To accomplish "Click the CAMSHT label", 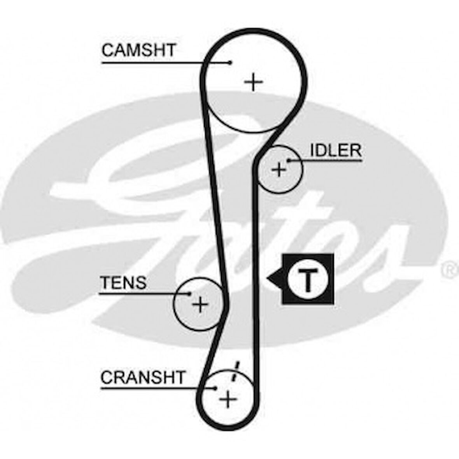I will coord(139,51).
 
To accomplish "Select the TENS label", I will coord(123,283).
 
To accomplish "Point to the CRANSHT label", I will coord(143,377).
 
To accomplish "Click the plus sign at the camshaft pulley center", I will coord(254,82).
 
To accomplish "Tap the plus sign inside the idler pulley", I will coord(279,170).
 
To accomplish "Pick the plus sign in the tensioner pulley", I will coord(200,304).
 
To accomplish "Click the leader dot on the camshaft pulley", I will coord(230,62).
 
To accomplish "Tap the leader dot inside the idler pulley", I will coord(288,160).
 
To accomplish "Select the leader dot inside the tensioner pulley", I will coord(190,294).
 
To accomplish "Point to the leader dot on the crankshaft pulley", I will coord(215,388).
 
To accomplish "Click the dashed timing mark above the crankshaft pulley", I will coord(235,372).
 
